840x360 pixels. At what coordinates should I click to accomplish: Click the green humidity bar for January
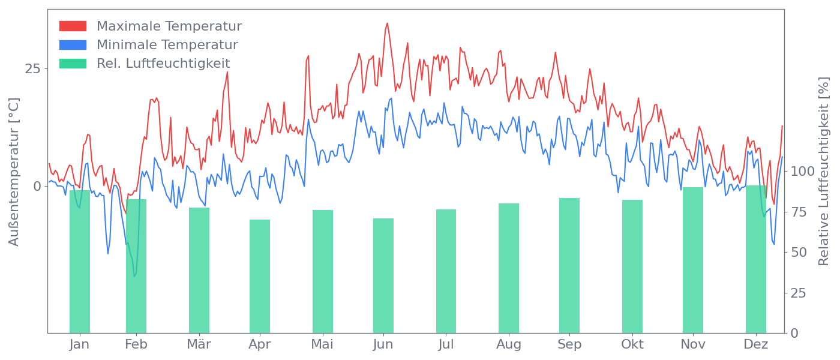coord(80,262)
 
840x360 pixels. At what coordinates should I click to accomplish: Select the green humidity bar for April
coord(260,276)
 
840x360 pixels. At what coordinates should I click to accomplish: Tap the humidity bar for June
coord(383,275)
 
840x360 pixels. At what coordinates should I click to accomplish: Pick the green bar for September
coord(569,265)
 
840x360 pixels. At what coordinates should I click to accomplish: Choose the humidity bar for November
coord(693,260)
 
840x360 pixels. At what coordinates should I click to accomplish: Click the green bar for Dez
coord(756,259)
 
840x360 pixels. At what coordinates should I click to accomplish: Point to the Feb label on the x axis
coord(136,344)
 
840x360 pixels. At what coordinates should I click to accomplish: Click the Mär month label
coord(199,344)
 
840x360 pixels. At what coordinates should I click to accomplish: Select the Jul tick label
coord(446,344)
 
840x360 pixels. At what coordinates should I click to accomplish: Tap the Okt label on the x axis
coord(632,344)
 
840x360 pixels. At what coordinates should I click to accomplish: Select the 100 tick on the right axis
coord(802,172)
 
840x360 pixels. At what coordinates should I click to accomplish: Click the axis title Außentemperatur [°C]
coord(14,172)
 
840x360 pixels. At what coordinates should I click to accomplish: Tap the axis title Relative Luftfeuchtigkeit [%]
coord(824,172)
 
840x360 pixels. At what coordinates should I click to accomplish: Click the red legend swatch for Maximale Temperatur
coord(73,26)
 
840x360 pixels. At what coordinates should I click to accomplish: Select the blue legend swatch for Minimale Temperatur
coord(73,45)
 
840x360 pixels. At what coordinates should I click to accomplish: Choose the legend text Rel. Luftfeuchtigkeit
coord(163,64)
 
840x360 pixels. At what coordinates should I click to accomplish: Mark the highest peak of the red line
coord(387,23)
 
